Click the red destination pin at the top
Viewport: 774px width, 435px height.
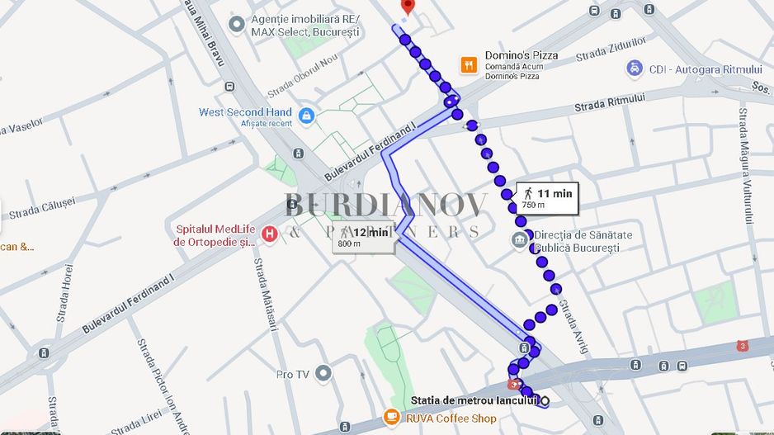[406, 7]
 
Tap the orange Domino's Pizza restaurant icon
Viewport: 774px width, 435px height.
[469, 65]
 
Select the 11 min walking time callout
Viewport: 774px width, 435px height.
[546, 197]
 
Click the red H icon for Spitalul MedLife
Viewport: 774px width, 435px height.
[268, 235]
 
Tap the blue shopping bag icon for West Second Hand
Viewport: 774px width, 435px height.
[306, 116]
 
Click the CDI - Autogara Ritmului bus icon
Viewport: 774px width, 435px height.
[634, 69]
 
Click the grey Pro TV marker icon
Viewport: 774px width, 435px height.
[323, 373]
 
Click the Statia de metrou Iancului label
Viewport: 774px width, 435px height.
[474, 400]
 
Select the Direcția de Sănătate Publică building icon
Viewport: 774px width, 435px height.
[520, 240]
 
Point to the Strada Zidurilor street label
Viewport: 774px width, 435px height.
[611, 49]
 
